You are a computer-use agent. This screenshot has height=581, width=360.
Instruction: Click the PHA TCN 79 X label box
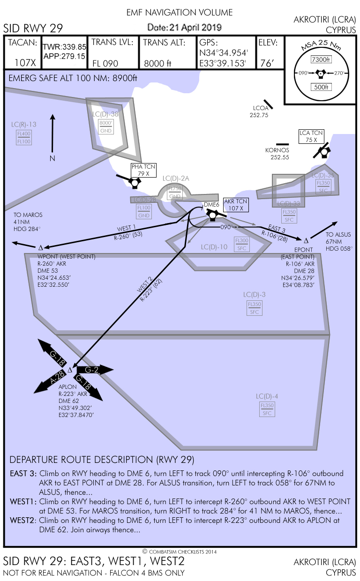pyautogui.click(x=143, y=170)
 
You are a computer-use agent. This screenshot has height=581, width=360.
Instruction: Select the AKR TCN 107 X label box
pyautogui.click(x=236, y=204)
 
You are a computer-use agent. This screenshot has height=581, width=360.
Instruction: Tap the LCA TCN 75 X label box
pyautogui.click(x=312, y=136)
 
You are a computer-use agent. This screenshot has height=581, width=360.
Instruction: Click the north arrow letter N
pyautogui.click(x=52, y=158)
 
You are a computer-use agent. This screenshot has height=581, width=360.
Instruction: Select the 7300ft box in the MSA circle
pyautogui.click(x=321, y=60)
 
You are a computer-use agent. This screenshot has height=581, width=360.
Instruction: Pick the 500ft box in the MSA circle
pyautogui.click(x=321, y=87)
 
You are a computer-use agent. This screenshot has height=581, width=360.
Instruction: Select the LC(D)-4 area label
pyautogui.click(x=267, y=396)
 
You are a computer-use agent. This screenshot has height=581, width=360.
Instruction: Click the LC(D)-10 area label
pyautogui.click(x=214, y=247)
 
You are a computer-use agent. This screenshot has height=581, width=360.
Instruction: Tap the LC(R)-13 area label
pyautogui.click(x=24, y=124)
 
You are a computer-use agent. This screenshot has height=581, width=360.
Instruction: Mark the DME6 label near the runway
pyautogui.click(x=211, y=205)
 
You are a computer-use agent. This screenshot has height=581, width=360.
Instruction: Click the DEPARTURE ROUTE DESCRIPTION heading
pyautogui.click(x=102, y=459)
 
